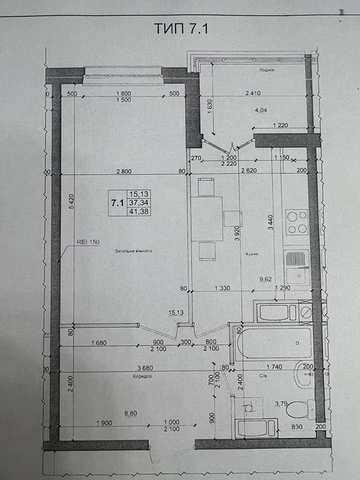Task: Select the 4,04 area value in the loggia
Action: [x=261, y=108]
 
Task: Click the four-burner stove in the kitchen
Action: [x=296, y=222]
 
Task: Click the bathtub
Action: [x=274, y=346]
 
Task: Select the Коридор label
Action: [x=139, y=377]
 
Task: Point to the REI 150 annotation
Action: [x=88, y=242]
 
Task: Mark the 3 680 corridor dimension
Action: [x=124, y=368]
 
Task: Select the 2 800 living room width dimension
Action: [x=124, y=171]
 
